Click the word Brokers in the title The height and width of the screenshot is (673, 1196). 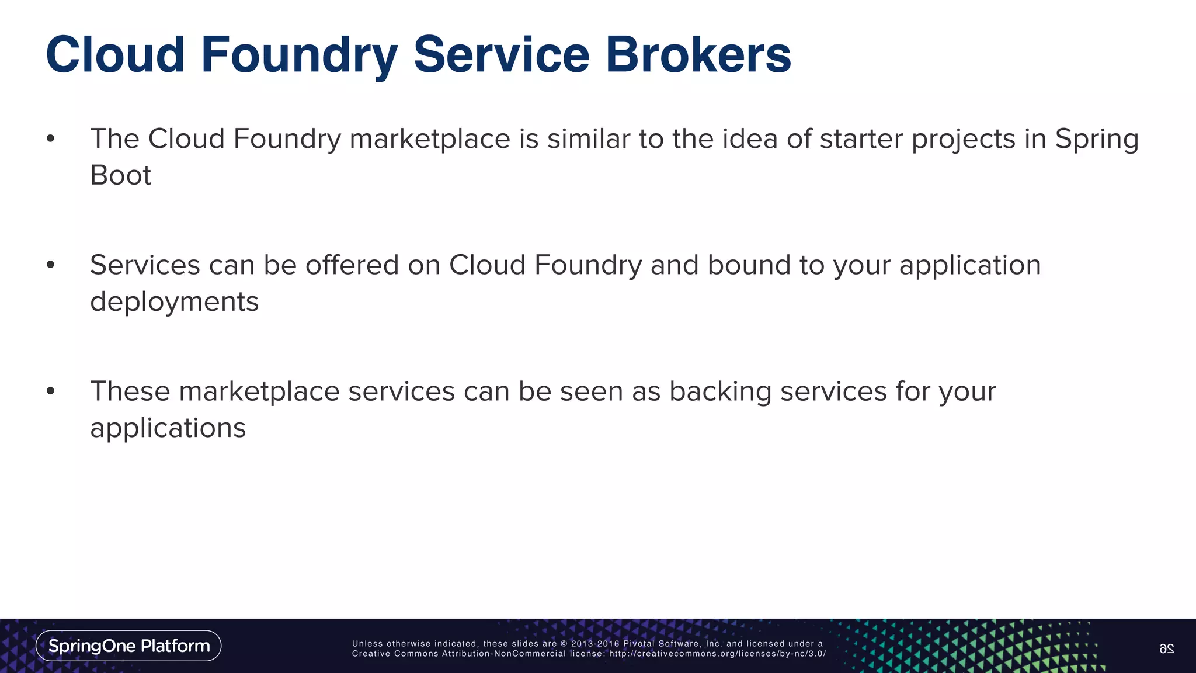[698, 54]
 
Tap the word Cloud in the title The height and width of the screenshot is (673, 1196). [115, 54]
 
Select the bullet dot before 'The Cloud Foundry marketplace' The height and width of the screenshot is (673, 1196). [51, 139]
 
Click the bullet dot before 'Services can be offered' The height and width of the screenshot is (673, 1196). [51, 265]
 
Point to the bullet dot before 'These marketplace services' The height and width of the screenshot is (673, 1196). [51, 391]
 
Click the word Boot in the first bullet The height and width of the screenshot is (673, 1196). [120, 175]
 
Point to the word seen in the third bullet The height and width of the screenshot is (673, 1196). [591, 391]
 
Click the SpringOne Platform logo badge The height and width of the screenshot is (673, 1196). [128, 646]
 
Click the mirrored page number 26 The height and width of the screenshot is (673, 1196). [1166, 648]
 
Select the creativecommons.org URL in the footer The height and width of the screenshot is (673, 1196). [717, 654]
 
